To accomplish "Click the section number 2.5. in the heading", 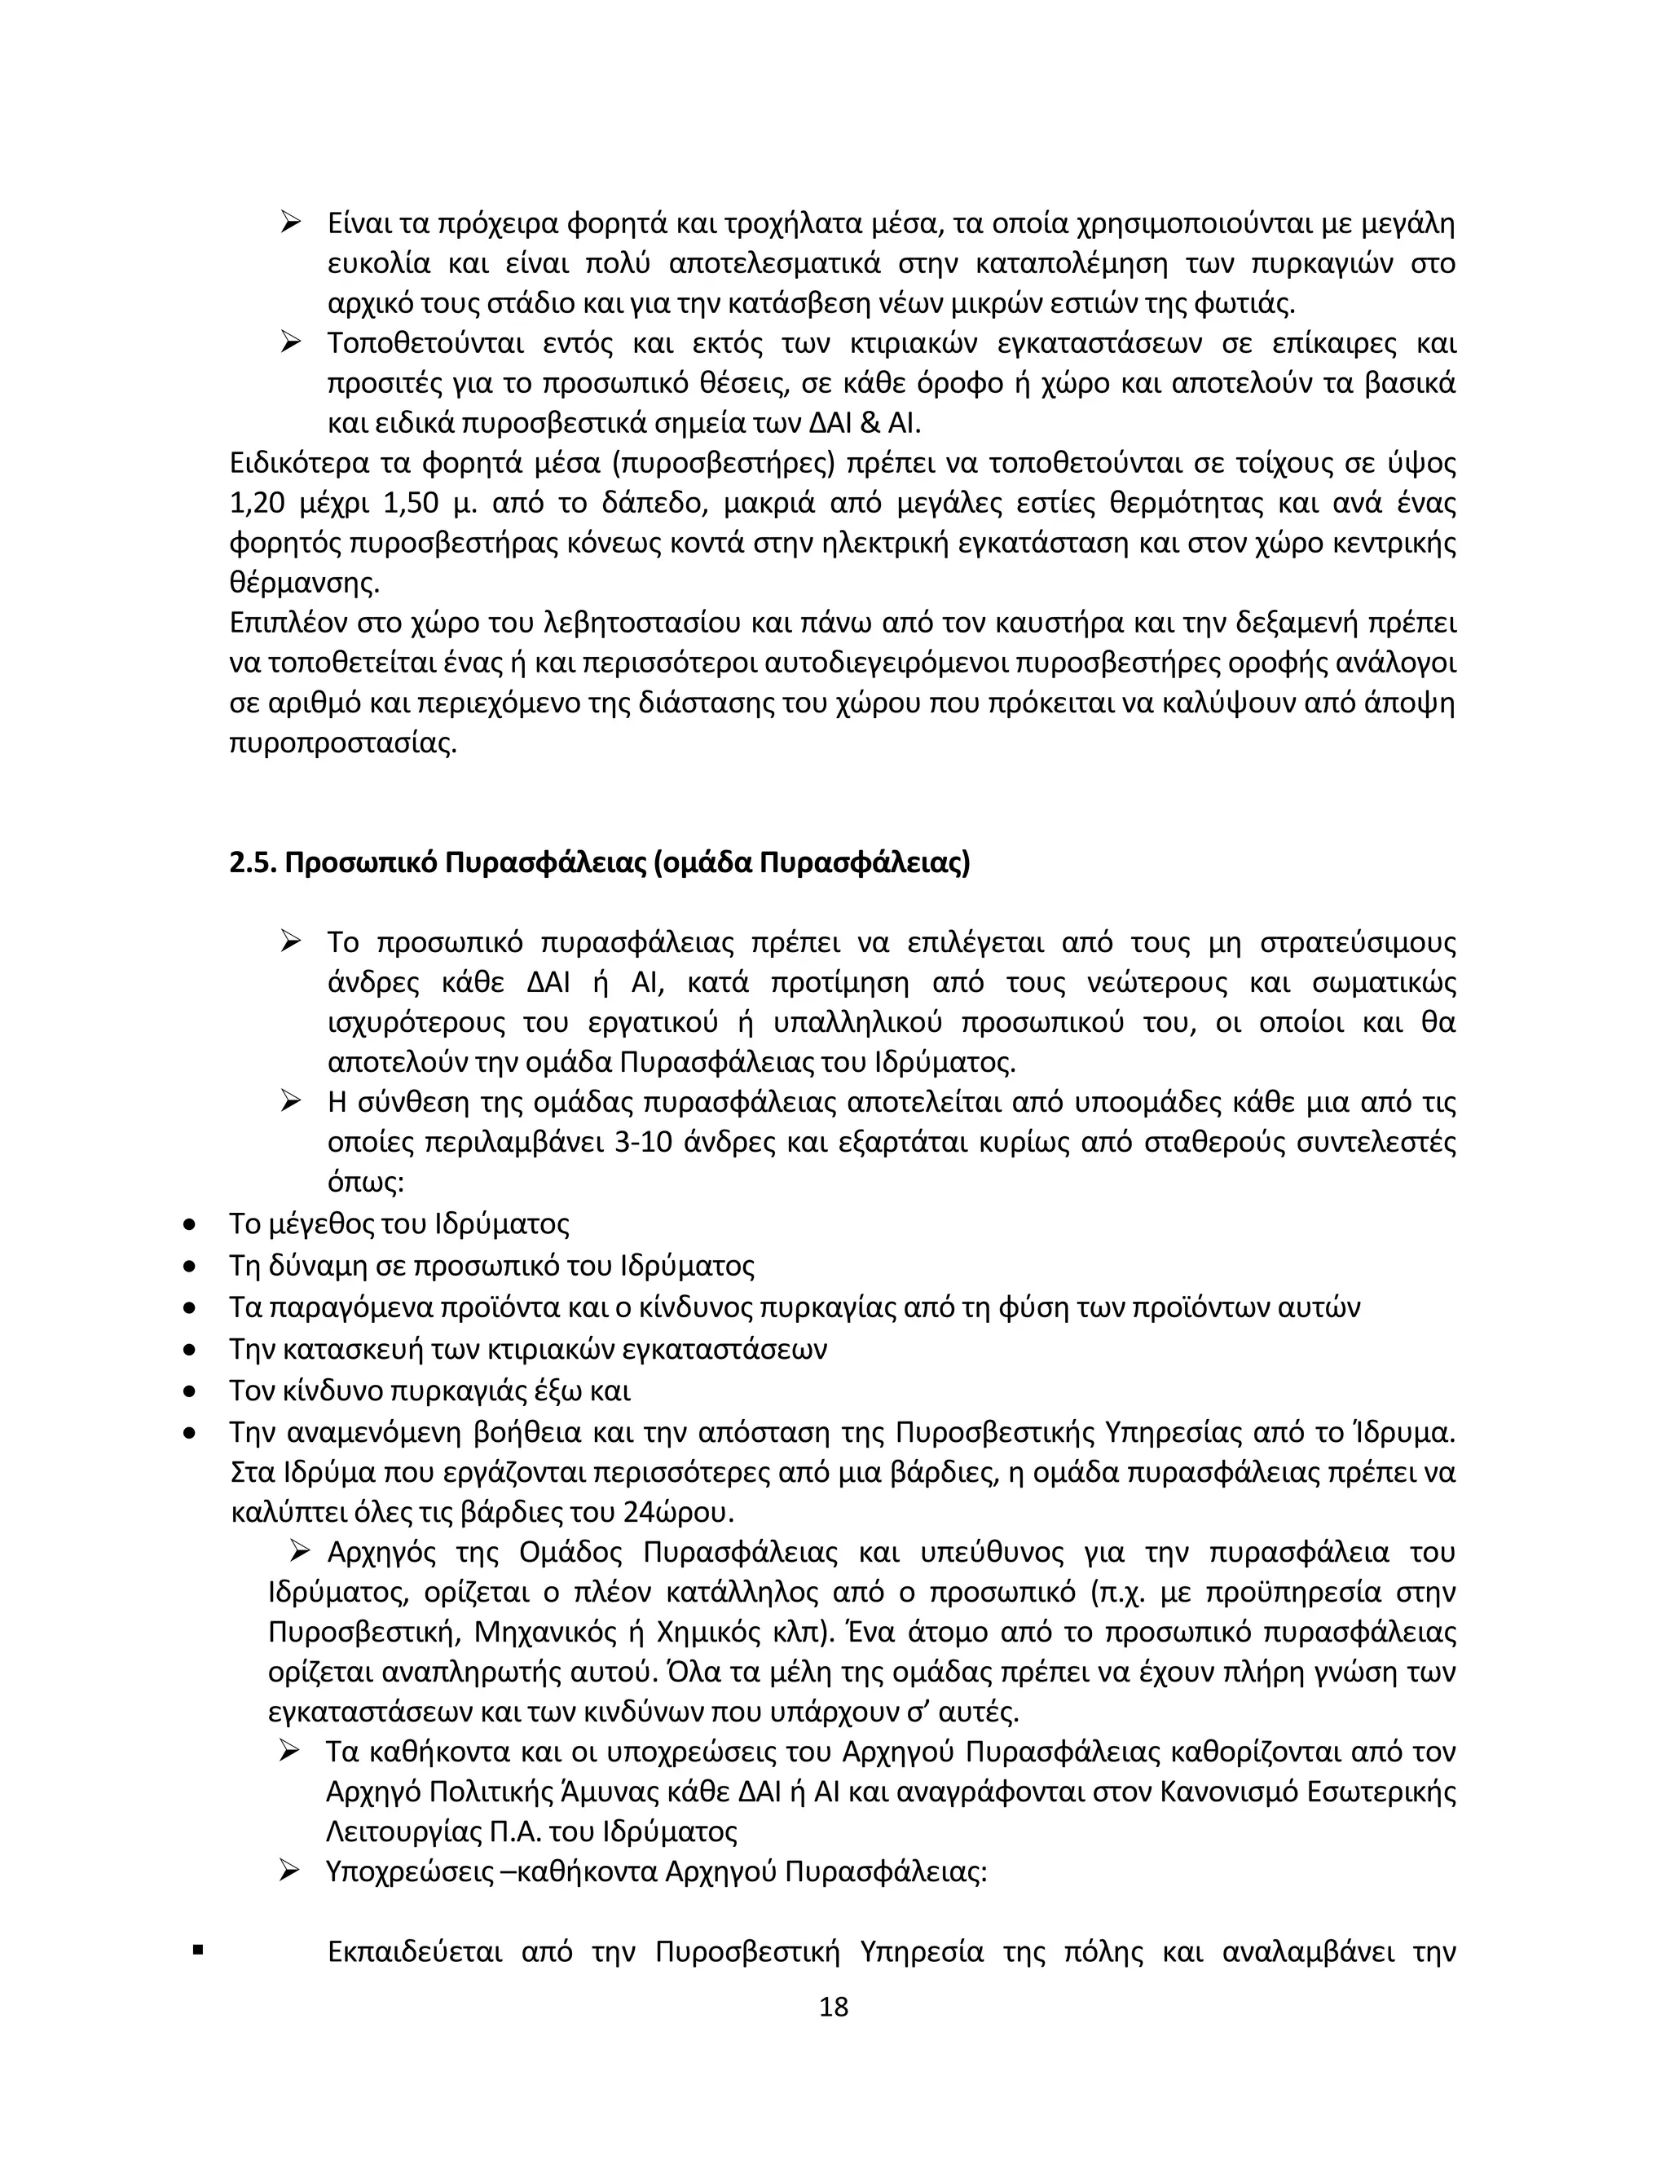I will pos(253,863).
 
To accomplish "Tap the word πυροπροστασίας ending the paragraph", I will pos(342,743).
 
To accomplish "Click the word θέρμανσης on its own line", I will pos(303,584).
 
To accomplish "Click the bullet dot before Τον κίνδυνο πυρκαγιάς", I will pos(190,1392).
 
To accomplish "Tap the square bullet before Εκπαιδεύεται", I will pos(199,1951).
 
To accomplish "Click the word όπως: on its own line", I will pos(365,1184).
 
